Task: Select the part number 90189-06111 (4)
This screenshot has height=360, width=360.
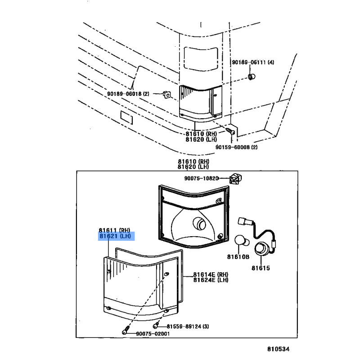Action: coord(252,62)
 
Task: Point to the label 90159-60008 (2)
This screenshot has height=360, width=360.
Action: coord(236,147)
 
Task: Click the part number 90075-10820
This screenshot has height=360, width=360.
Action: coord(201,178)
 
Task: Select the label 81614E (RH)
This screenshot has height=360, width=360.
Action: coord(211,274)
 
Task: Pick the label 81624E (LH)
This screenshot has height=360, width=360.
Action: coord(211,280)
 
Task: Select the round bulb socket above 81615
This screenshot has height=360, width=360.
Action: coord(261,251)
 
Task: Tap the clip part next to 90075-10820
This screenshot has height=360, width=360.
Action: coord(234,178)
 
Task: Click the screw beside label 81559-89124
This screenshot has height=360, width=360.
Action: coord(156,325)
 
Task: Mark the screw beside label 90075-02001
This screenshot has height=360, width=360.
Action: coord(125,333)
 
